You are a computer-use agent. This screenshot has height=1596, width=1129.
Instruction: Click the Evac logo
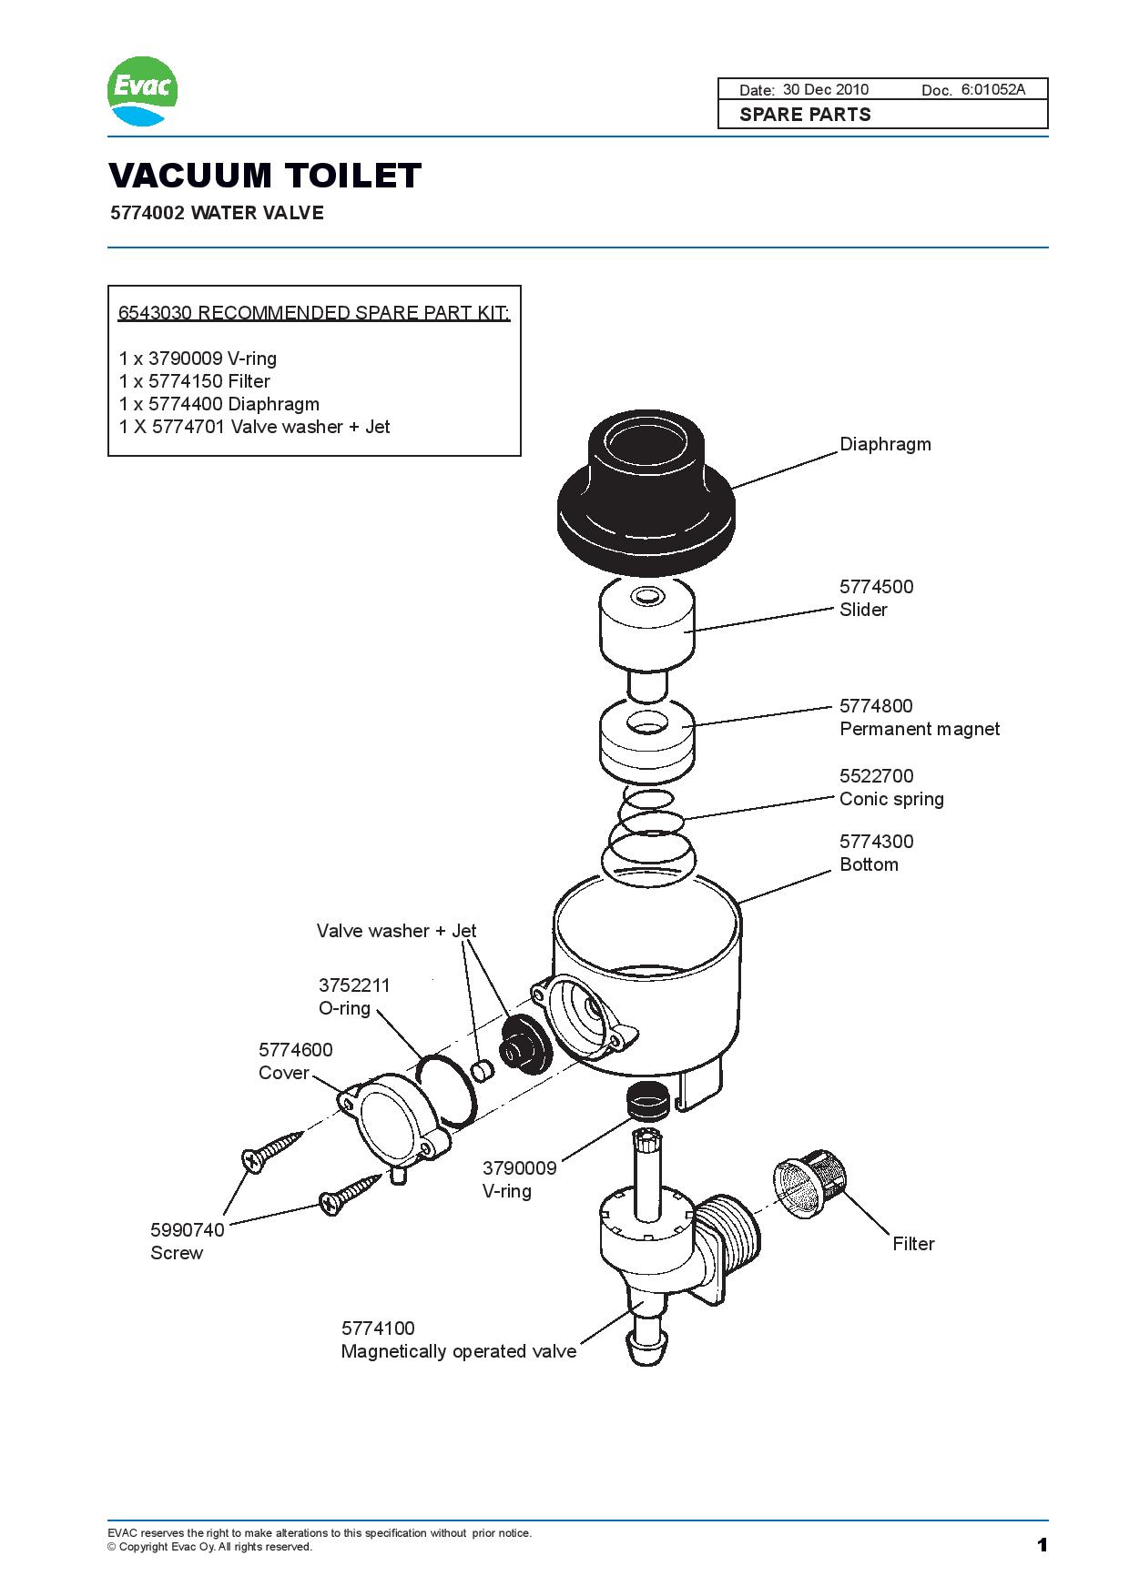(x=143, y=92)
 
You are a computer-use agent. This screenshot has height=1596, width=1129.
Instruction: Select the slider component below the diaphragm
(x=646, y=628)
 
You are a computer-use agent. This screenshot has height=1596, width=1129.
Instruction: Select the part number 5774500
(x=876, y=587)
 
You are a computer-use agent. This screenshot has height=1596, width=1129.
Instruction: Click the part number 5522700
(x=876, y=776)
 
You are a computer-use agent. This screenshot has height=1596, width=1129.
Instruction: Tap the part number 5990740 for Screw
(x=187, y=1230)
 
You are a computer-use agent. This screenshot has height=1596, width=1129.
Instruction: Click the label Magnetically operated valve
(x=458, y=1351)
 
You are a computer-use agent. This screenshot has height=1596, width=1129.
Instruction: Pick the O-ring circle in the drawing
(x=446, y=1088)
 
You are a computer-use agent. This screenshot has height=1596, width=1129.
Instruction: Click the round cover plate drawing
(x=387, y=1119)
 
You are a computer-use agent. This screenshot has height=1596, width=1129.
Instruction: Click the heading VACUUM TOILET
(x=265, y=175)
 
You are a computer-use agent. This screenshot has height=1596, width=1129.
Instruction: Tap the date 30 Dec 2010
(x=825, y=89)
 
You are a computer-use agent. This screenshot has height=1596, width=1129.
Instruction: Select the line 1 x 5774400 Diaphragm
(x=219, y=404)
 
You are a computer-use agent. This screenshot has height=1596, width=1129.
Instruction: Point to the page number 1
(x=1042, y=1545)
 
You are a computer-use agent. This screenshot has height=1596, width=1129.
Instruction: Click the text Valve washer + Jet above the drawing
(x=396, y=931)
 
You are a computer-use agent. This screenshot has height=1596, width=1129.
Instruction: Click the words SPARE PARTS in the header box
(x=805, y=115)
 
